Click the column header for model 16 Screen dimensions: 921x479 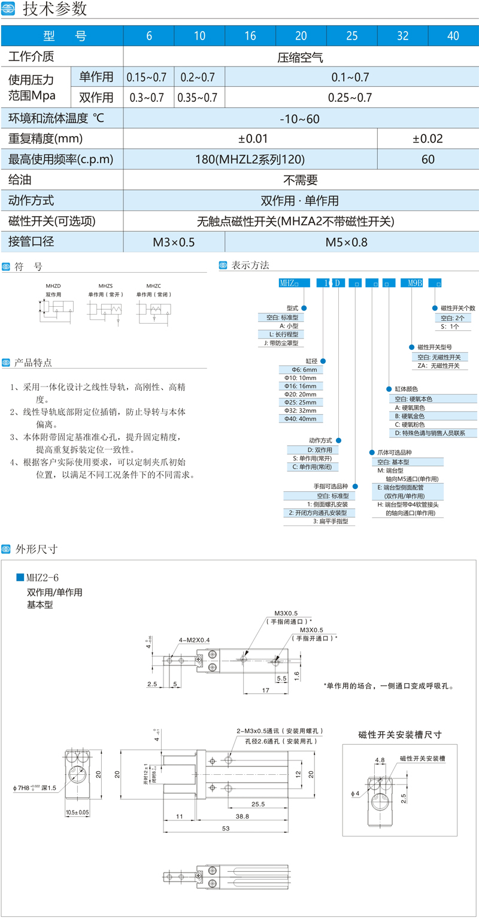pos(250,36)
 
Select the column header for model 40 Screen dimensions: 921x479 pos(453,36)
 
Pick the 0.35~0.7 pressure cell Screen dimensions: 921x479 pos(199,97)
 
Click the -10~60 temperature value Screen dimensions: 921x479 pos(300,119)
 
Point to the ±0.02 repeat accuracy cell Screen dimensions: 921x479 pos(428,139)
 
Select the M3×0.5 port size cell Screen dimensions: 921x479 pos(174,242)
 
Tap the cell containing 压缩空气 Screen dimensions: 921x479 pos(300,58)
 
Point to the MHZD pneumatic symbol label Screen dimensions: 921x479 pos(54,287)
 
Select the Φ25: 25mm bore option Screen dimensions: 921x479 pos(304,402)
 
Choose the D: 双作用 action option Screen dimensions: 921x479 pos(319,449)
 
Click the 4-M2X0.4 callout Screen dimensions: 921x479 pos(195,640)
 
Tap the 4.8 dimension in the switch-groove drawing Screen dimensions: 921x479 pos(380,759)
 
